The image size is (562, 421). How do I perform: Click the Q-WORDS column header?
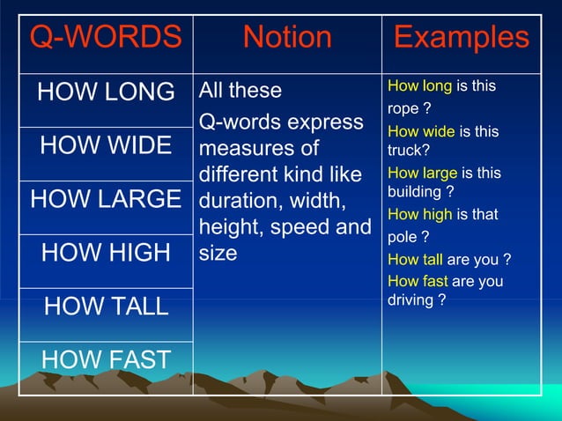pos(106,38)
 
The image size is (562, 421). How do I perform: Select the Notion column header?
pos(287,38)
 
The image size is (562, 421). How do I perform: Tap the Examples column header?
pos(462,38)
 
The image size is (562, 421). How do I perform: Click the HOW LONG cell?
pos(106,92)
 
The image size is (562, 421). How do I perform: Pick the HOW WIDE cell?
pos(107,145)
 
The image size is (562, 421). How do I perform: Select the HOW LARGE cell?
pos(106,199)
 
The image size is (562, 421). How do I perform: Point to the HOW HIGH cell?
pos(106,253)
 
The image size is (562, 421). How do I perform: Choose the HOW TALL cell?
pos(106,307)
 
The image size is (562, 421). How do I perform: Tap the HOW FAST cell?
pos(106,359)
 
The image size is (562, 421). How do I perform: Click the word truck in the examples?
pos(404,151)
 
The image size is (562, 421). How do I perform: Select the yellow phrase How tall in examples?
pos(416,260)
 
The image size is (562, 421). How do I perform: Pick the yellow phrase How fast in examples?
pos(418,281)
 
